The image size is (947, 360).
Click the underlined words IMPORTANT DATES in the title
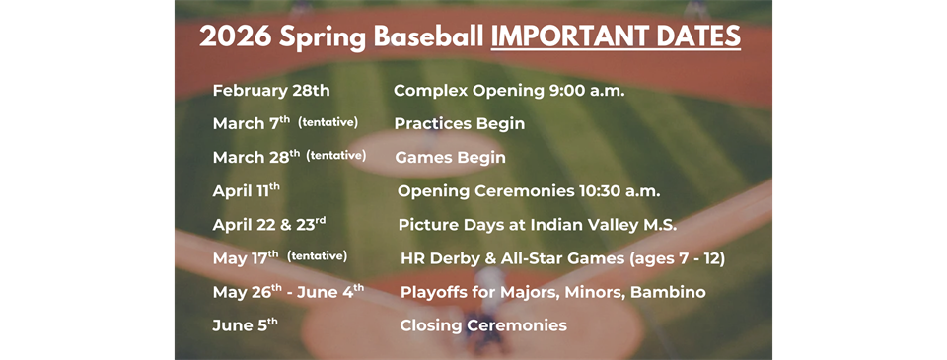point(616,36)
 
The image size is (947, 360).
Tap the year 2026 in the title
point(234,36)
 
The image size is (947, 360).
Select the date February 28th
point(271,91)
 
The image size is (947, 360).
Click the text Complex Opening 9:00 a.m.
point(509,91)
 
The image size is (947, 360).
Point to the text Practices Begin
point(459,124)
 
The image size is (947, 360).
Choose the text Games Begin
point(450,158)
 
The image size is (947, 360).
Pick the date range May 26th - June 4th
point(288,292)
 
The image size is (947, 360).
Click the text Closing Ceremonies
point(483,325)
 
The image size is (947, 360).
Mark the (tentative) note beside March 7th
point(328,122)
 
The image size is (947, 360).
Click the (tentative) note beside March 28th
point(336,156)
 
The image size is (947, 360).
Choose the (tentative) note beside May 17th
point(317,256)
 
